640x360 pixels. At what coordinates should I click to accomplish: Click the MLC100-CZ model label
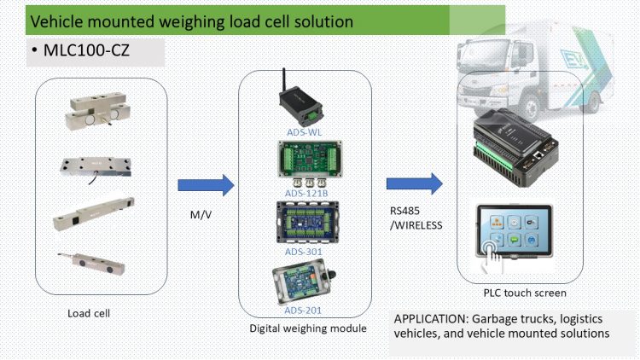tap(84, 53)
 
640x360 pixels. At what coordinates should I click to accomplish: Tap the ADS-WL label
tap(305, 133)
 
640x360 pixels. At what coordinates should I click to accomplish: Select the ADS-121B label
tap(305, 194)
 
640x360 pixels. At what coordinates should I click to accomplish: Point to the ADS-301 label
tap(305, 251)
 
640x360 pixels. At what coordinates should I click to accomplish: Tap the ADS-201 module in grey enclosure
tap(304, 283)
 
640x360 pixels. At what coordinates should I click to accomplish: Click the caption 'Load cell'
tap(90, 313)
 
